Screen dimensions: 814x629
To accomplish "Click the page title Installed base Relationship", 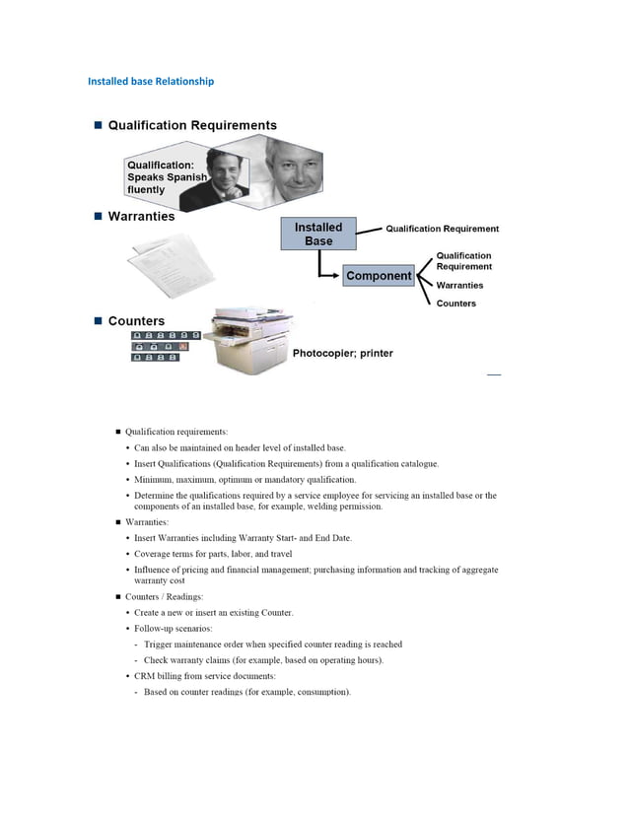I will (x=151, y=81).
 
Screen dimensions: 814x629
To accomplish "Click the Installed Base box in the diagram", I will (x=317, y=234).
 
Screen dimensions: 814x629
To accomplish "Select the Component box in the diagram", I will (x=379, y=276).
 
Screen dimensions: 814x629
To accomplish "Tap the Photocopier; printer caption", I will (x=342, y=354).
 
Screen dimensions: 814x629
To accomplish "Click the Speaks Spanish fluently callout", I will (x=165, y=176).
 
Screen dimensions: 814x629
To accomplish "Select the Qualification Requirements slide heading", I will (x=192, y=125).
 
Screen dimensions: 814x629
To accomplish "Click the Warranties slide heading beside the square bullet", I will (x=141, y=216).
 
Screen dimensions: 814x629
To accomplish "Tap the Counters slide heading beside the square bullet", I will (x=136, y=321).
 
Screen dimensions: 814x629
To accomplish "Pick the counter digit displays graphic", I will (x=165, y=346).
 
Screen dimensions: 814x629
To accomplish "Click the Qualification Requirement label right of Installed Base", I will (x=442, y=229).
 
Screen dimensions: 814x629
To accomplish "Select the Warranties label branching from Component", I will (x=459, y=285).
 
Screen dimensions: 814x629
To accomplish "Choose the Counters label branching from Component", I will (x=455, y=304).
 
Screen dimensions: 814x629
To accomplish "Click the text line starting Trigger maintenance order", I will (x=272, y=644).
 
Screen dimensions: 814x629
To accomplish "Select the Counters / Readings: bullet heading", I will (x=164, y=597).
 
